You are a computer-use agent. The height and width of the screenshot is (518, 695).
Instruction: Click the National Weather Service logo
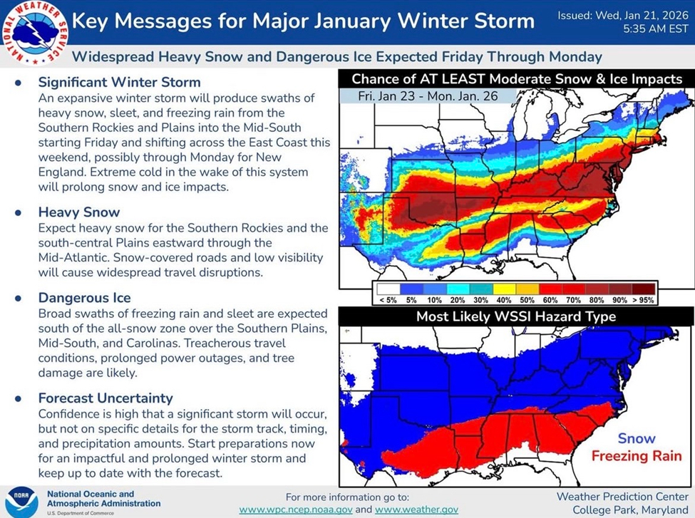[x=35, y=33]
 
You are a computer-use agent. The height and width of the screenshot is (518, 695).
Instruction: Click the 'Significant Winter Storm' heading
[x=119, y=83]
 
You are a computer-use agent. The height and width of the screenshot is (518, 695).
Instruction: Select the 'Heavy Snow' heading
[x=79, y=212]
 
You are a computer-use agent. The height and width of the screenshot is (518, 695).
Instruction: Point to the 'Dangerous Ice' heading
[x=84, y=298]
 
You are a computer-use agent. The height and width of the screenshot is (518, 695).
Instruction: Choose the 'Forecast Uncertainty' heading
[x=105, y=398]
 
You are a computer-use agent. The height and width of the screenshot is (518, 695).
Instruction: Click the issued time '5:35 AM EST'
[x=656, y=29]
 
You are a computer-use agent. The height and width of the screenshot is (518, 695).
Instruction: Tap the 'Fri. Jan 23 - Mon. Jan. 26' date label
[x=428, y=96]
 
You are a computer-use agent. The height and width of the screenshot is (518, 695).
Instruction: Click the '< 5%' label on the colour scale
[x=388, y=300]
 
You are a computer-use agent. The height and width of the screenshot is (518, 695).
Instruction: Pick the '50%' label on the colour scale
[x=527, y=300]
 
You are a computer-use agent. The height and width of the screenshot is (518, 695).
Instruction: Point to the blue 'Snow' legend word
[x=637, y=438]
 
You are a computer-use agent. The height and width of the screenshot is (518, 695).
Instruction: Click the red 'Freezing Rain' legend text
[x=637, y=455]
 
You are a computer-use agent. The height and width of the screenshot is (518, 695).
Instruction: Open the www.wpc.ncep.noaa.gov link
[x=296, y=509]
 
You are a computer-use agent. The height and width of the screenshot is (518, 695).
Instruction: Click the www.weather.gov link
[x=417, y=509]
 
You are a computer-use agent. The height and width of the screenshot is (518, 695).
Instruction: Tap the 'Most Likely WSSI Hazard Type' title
[x=516, y=316]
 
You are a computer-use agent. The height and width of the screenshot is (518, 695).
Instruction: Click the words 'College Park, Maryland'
[x=630, y=509]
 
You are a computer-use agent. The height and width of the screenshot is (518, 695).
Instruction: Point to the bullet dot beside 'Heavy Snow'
[x=18, y=213]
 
